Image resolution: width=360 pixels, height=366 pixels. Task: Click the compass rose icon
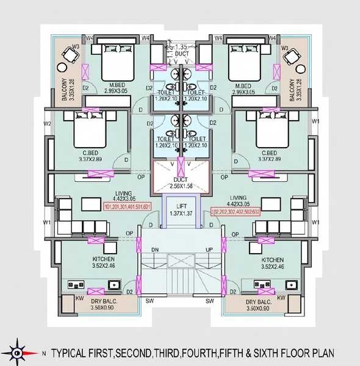click(x=17, y=353)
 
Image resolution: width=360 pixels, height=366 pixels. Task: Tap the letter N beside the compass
click(x=43, y=353)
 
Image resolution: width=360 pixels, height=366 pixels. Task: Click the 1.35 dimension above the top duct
click(x=181, y=46)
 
